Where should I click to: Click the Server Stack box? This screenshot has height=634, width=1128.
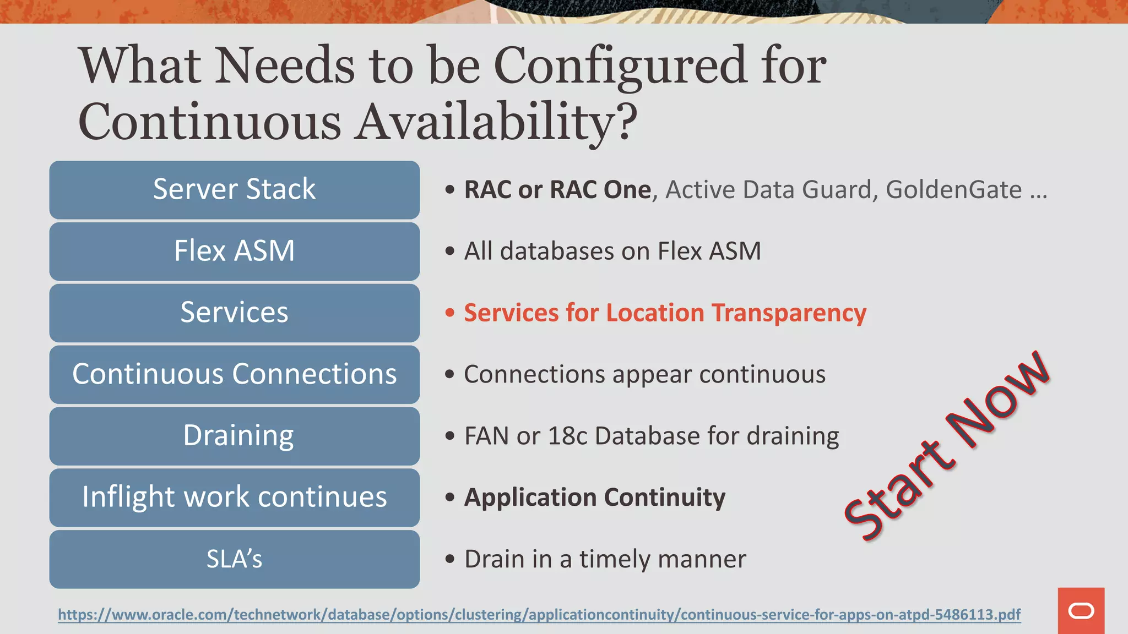coord(234,190)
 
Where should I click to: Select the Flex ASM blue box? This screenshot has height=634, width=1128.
coord(234,252)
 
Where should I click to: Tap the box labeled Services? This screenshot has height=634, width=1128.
coord(234,313)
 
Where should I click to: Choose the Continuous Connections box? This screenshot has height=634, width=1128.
coord(234,374)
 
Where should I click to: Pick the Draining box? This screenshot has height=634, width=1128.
coord(234,436)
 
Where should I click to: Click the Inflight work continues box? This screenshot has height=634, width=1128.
coord(234,498)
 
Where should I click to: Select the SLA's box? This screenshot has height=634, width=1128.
coord(234,559)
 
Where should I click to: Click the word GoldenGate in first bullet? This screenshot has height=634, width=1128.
coord(953,190)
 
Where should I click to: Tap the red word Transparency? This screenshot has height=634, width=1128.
coord(789,313)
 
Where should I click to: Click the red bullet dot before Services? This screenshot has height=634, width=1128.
coord(450,313)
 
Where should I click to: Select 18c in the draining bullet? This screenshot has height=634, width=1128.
coord(568,436)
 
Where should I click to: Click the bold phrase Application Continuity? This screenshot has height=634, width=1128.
coord(595,498)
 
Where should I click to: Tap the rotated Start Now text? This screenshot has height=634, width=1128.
coord(946,446)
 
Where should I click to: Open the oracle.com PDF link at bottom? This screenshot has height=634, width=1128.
coord(539,614)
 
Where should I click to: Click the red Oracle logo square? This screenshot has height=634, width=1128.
coord(1081,611)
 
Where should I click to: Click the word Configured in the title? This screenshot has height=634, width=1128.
coord(620,66)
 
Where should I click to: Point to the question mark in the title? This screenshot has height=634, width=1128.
coord(627,122)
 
